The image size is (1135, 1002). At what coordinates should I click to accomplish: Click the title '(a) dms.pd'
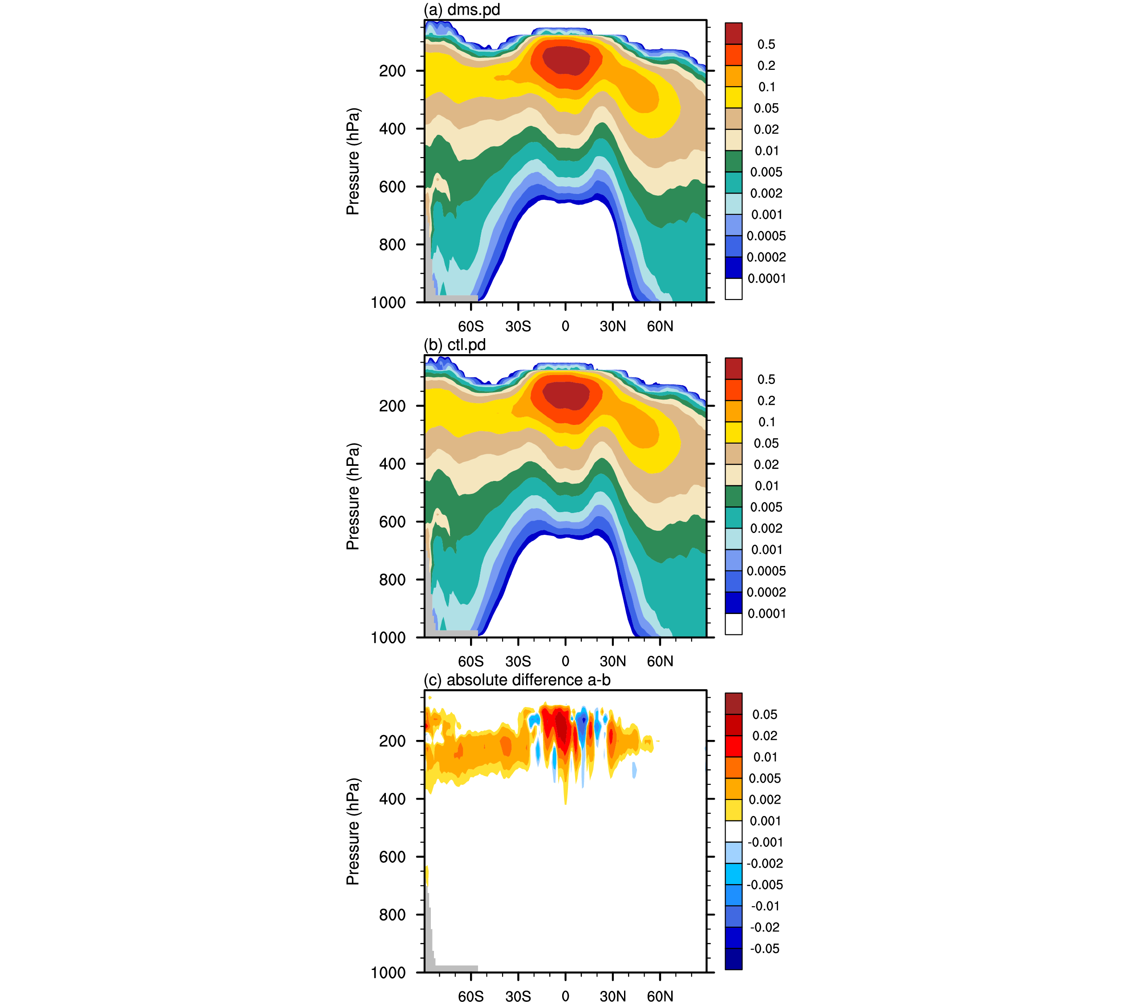[462, 10]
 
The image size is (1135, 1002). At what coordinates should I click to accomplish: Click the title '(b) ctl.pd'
[454, 345]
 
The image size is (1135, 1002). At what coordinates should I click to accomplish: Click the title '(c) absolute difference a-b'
[517, 680]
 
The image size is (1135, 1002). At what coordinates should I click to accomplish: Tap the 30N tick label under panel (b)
[612, 661]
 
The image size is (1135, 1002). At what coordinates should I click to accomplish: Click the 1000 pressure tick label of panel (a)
[388, 303]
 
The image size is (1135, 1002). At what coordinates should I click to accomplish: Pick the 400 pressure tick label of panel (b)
[393, 464]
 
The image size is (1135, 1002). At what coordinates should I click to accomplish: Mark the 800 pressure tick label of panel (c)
[393, 915]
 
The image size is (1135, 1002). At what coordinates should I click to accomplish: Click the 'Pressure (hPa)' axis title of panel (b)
[353, 496]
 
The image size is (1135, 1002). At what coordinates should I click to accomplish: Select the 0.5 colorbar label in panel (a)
[766, 44]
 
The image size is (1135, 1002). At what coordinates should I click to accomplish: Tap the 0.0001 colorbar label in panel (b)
[766, 614]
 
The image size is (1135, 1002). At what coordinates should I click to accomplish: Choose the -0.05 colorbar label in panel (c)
[765, 949]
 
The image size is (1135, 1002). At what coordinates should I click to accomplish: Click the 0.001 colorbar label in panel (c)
[766, 821]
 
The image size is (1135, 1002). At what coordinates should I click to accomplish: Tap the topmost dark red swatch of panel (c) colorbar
[734, 703]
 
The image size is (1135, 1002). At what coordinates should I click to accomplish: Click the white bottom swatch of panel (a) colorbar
[734, 289]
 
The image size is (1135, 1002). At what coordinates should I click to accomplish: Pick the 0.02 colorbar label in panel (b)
[766, 465]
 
